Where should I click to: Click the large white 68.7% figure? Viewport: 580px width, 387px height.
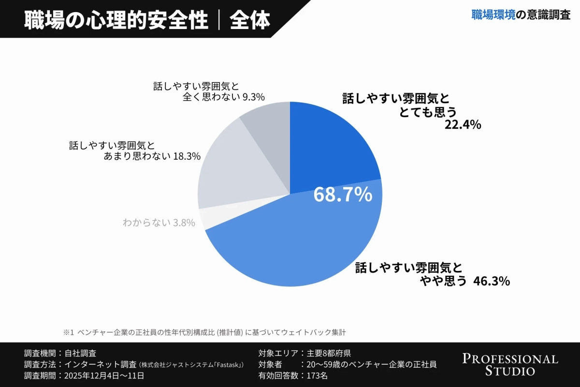tap(343, 194)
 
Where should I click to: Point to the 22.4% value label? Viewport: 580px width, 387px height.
tap(463, 125)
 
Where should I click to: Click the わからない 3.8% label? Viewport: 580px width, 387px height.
tap(159, 223)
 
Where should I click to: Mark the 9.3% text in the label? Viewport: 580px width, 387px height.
tap(253, 97)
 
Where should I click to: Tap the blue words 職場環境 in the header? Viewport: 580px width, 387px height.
tap(493, 15)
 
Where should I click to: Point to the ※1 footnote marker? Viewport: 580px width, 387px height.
tap(68, 333)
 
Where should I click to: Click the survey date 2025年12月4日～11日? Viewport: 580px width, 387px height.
tap(104, 375)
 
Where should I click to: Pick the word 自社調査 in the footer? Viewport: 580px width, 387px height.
tap(80, 353)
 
